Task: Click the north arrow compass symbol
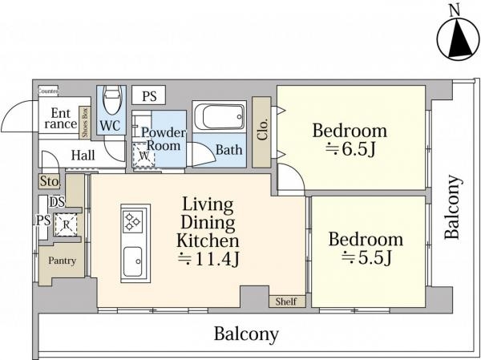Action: pyautogui.click(x=458, y=39)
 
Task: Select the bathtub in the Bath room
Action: pyautogui.click(x=220, y=116)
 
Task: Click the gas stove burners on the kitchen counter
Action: pyautogui.click(x=132, y=221)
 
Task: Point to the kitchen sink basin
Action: pyautogui.click(x=132, y=261)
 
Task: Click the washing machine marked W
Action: pyautogui.click(x=143, y=156)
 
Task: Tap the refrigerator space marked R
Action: pyautogui.click(x=67, y=224)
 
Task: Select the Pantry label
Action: pyautogui.click(x=62, y=261)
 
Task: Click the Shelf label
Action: pyautogui.click(x=286, y=301)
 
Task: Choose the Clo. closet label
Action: pyautogui.click(x=263, y=129)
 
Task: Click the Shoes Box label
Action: pyautogui.click(x=85, y=123)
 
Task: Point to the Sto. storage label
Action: pyautogui.click(x=50, y=181)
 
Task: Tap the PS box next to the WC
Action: pyautogui.click(x=149, y=95)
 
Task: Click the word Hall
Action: pyautogui.click(x=83, y=156)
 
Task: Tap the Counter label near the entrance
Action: pyautogui.click(x=48, y=91)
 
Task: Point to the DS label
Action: pyautogui.click(x=58, y=202)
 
